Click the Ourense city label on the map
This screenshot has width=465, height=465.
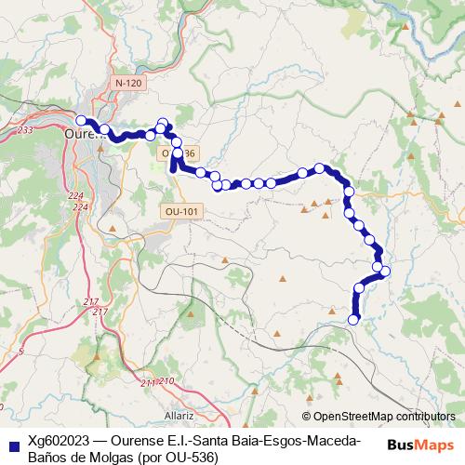point(86,133)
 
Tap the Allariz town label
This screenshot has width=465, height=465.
point(178,415)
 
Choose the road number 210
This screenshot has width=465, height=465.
point(166,381)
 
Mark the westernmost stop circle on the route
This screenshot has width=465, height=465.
point(81,120)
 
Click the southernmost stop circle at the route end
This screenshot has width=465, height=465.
point(352,320)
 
